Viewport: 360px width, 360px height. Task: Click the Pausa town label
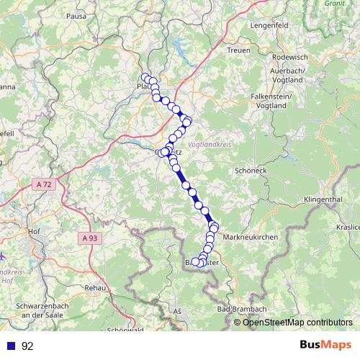tap(76, 15)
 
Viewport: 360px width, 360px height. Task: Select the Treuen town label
tap(238, 50)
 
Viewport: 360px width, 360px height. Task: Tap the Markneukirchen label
tap(252, 237)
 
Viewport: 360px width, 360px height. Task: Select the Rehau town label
tap(94, 287)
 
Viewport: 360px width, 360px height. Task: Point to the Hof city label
tap(32, 232)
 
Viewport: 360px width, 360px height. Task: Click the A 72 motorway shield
tap(45, 185)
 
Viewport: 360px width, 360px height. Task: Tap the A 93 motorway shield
tap(89, 238)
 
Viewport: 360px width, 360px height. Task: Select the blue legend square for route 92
tap(10, 346)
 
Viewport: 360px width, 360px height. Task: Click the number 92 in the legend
tap(28, 346)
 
